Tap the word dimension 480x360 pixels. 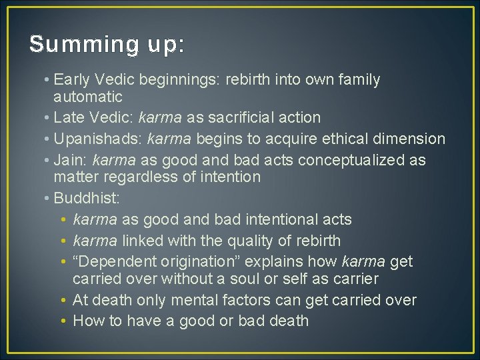[x=409, y=139]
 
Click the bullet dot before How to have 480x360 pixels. [x=62, y=321]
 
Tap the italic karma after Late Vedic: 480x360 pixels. [x=159, y=118]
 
